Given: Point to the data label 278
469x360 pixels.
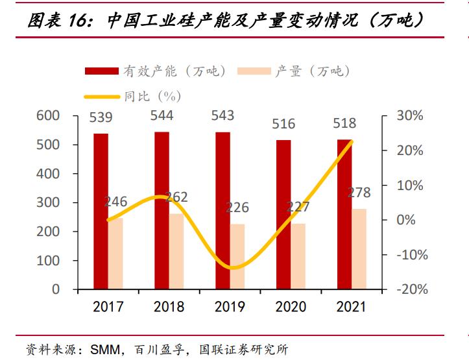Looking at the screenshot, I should click(359, 193).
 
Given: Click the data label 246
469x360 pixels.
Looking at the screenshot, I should click(115, 201).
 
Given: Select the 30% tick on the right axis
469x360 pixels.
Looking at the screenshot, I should click(409, 116).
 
